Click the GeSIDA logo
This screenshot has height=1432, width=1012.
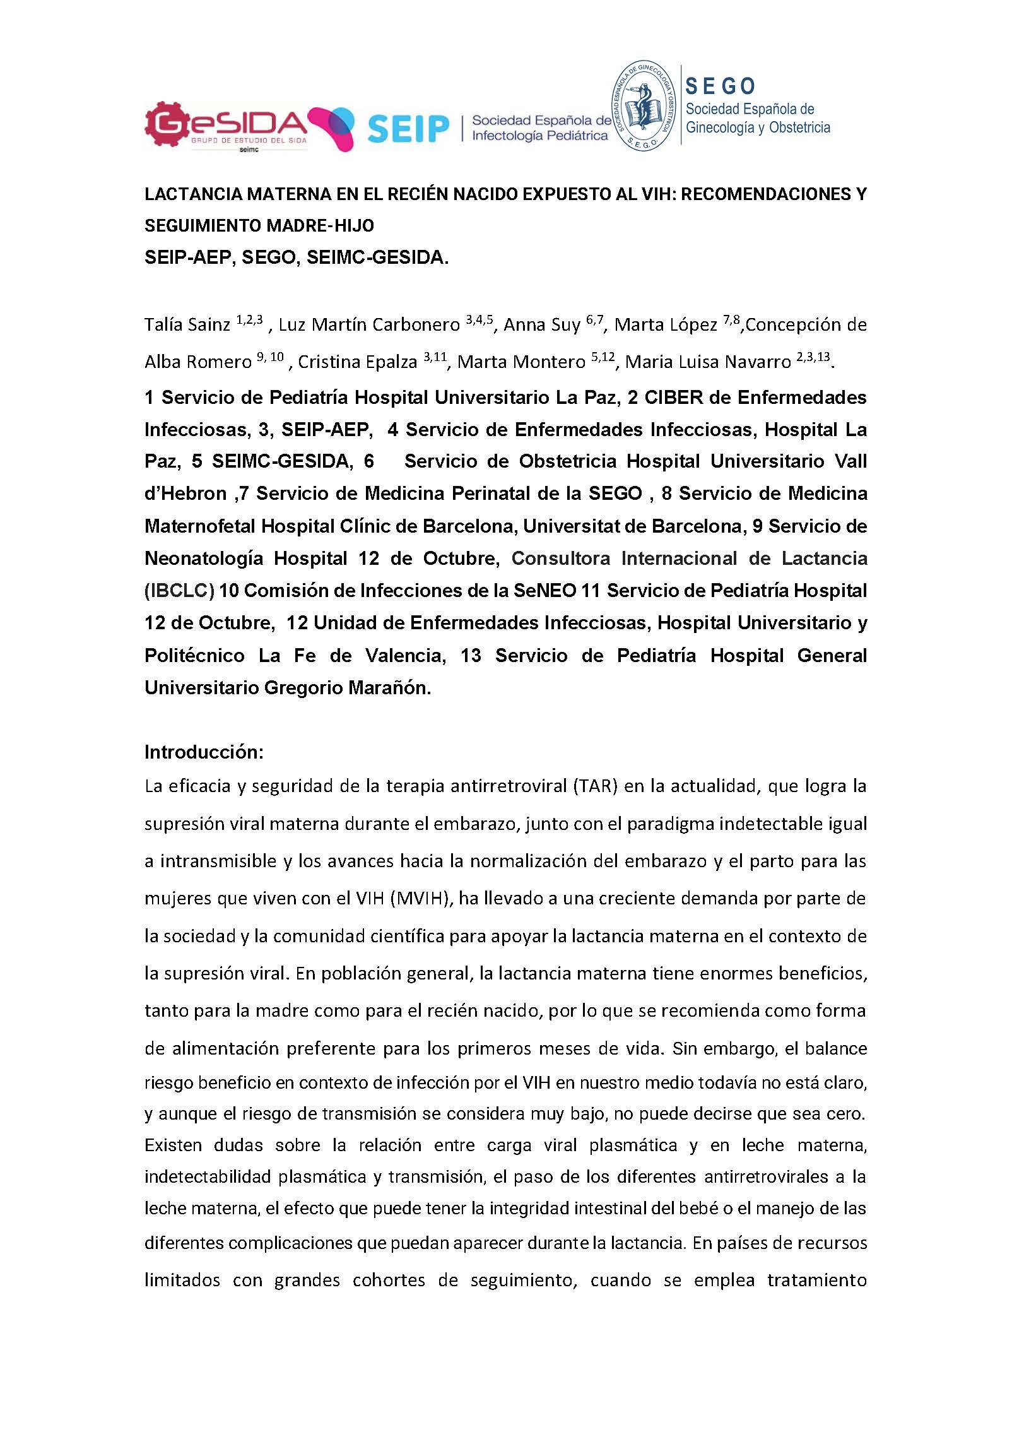[226, 128]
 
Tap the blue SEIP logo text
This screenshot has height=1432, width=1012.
[407, 128]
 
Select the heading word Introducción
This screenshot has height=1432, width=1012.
[203, 752]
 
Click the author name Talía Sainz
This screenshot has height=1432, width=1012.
[187, 325]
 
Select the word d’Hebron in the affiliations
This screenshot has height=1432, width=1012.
[185, 494]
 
